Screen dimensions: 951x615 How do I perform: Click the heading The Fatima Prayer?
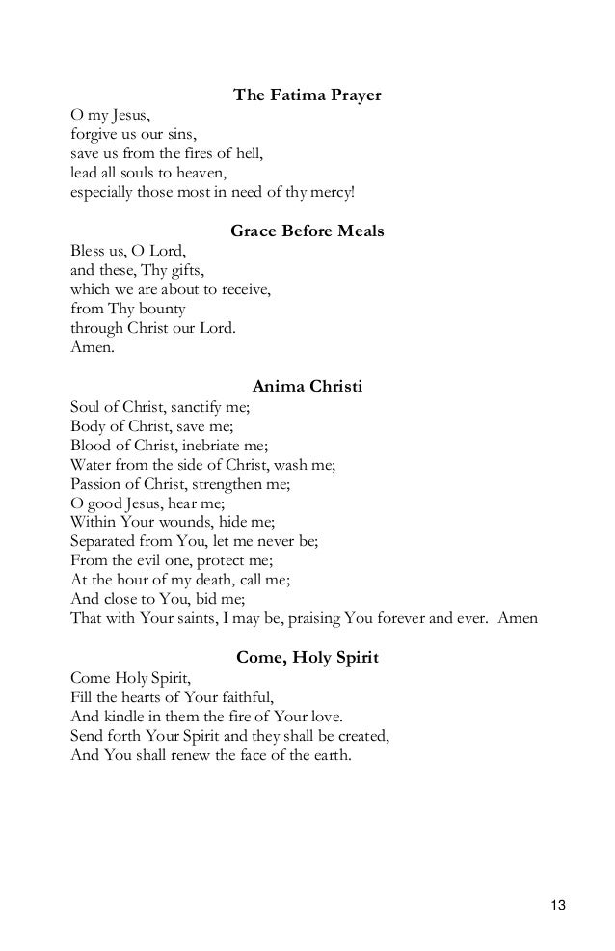coord(307,95)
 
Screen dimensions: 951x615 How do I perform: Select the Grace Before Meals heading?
coord(307,231)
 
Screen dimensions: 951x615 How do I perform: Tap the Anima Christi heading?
coord(307,387)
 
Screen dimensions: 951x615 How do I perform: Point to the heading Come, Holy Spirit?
coord(307,658)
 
